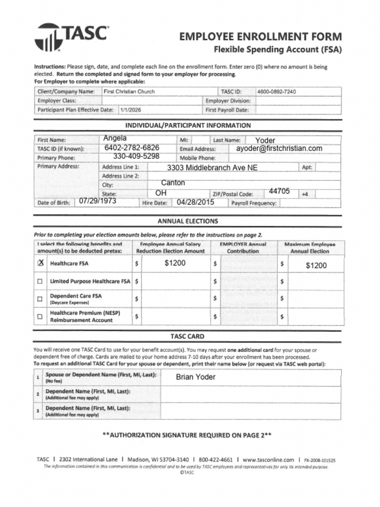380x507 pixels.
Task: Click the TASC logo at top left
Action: point(71,36)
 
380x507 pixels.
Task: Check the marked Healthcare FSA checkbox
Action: point(40,263)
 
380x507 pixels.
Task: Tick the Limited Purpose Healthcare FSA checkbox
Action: point(40,281)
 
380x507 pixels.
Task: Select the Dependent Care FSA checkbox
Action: point(40,299)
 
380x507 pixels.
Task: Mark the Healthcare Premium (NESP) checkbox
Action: point(40,316)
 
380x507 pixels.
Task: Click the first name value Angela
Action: point(115,138)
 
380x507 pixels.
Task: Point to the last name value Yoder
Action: point(265,141)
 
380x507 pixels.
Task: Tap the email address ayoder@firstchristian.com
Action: point(279,149)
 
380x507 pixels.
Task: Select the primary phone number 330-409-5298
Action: point(136,156)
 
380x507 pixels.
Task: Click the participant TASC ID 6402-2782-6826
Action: point(132,148)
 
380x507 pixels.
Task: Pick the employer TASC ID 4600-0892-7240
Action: point(276,92)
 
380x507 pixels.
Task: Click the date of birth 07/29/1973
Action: point(97,202)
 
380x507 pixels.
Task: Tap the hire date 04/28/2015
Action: point(195,202)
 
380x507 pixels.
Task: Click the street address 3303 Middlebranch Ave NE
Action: point(212,168)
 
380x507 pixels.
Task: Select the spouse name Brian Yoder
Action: point(195,377)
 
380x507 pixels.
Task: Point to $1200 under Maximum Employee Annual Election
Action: point(316,265)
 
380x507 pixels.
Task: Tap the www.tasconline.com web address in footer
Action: point(268,459)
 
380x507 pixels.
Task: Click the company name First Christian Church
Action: point(129,92)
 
